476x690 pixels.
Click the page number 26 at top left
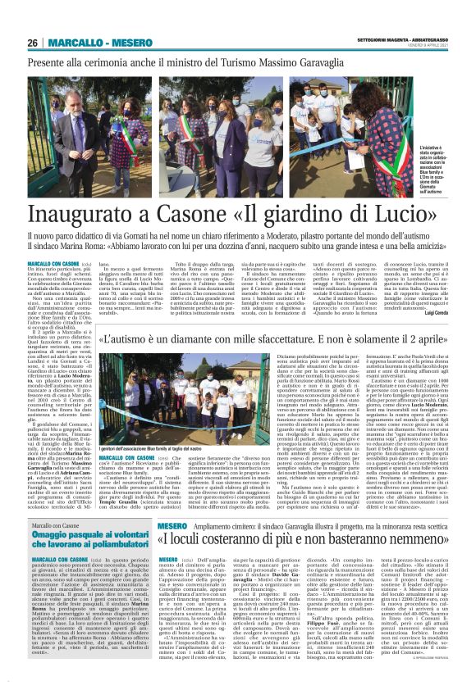coord(33,43)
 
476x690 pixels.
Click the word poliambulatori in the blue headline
coord(86,546)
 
